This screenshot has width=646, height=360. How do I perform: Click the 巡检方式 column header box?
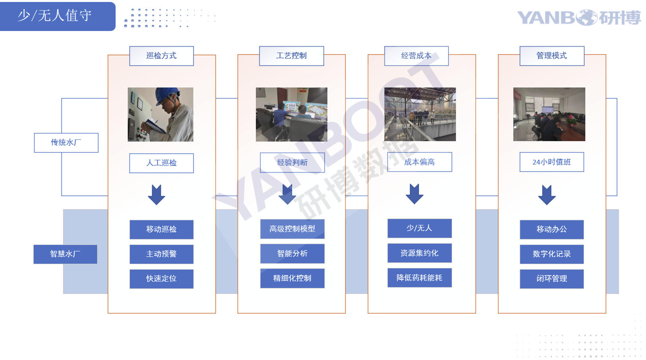[x=161, y=56]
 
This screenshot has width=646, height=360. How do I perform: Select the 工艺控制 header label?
[x=291, y=56]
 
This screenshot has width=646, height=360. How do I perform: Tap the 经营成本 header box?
[x=416, y=56]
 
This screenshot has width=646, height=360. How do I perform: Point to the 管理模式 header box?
[x=552, y=56]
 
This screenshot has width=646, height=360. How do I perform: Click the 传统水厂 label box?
[x=66, y=143]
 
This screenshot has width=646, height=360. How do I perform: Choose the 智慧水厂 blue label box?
[x=65, y=254]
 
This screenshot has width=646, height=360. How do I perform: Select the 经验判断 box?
[x=292, y=163]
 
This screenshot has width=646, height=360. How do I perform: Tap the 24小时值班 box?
[x=552, y=162]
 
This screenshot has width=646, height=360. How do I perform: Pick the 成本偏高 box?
[x=419, y=162]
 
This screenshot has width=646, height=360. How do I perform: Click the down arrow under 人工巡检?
[x=156, y=195]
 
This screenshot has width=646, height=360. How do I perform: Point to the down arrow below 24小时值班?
[x=547, y=195]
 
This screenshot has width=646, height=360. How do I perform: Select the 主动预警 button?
[x=161, y=254]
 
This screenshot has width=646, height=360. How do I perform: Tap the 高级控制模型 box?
[x=292, y=229]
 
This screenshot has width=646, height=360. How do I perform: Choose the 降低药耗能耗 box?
[x=419, y=278]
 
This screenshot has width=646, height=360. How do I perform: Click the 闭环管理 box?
[x=552, y=279]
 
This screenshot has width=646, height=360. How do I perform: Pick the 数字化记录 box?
[x=552, y=254]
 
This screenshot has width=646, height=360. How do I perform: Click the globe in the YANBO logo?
[x=587, y=17]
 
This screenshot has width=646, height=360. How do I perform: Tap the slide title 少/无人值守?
[x=54, y=15]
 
